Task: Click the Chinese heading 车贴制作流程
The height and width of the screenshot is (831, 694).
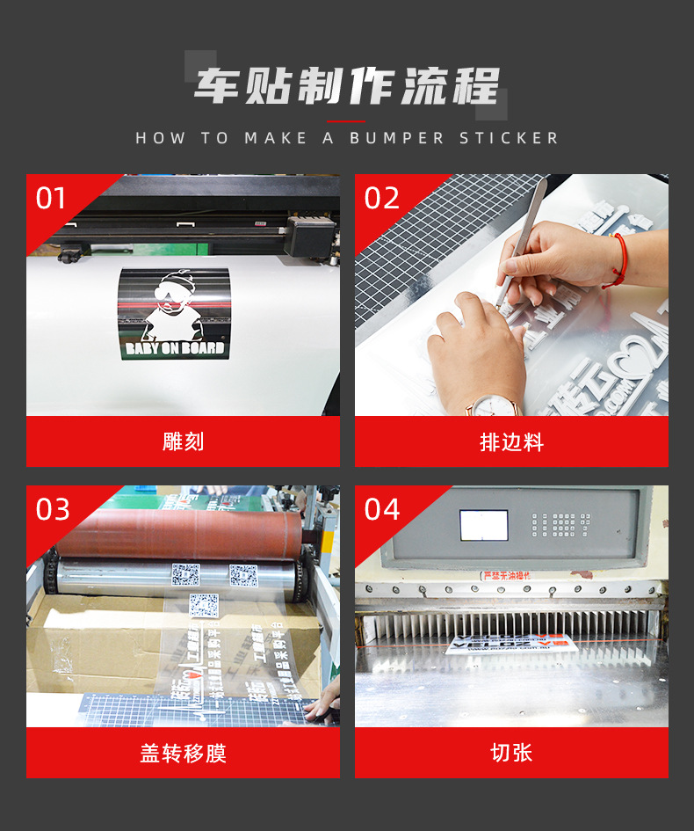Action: (346, 87)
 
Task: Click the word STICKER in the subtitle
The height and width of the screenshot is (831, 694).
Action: (509, 138)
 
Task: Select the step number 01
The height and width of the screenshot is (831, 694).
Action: (51, 199)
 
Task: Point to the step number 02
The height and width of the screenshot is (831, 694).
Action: (381, 199)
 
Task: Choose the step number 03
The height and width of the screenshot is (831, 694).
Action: (52, 509)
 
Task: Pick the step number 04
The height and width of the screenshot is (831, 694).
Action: (381, 509)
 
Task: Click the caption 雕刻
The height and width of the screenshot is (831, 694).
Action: (183, 441)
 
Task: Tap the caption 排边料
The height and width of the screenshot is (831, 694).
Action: (511, 441)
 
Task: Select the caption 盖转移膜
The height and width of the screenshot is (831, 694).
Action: (183, 753)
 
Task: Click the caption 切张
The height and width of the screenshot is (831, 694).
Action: (511, 753)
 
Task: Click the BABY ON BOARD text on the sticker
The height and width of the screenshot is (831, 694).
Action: (175, 347)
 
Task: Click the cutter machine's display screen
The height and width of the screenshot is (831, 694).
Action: (483, 525)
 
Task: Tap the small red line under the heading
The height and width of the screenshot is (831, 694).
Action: (346, 121)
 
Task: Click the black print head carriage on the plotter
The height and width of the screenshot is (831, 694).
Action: (310, 236)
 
